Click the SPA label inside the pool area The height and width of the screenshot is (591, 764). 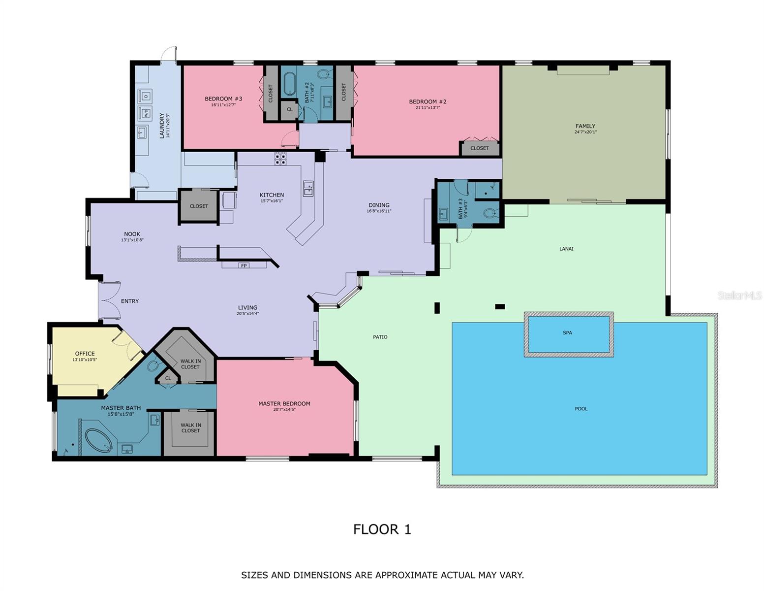pyautogui.click(x=567, y=333)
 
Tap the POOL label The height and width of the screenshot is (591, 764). pyautogui.click(x=581, y=409)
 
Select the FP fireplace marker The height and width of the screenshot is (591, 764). pyautogui.click(x=244, y=265)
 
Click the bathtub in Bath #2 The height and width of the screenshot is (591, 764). pyautogui.click(x=288, y=84)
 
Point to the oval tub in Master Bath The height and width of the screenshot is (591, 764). pyautogui.click(x=99, y=440)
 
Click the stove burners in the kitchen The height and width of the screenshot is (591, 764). pyautogui.click(x=280, y=159)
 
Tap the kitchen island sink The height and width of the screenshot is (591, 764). pyautogui.click(x=308, y=188)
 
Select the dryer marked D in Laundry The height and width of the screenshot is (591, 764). pyautogui.click(x=145, y=96)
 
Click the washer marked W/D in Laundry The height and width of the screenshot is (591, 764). pyautogui.click(x=146, y=113)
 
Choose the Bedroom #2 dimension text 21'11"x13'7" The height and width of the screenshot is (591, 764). pyautogui.click(x=428, y=108)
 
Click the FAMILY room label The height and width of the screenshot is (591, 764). pyautogui.click(x=585, y=126)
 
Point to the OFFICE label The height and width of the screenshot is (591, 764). pyautogui.click(x=85, y=354)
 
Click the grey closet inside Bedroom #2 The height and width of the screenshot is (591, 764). pyautogui.click(x=480, y=148)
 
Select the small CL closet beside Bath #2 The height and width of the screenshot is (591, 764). pyautogui.click(x=289, y=109)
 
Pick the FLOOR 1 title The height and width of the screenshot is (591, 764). pyautogui.click(x=382, y=529)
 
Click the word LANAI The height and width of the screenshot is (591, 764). pyautogui.click(x=566, y=249)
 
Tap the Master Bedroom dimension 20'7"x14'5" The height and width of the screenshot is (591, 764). pyautogui.click(x=284, y=410)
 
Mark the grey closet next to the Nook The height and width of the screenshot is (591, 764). pyautogui.click(x=199, y=206)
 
